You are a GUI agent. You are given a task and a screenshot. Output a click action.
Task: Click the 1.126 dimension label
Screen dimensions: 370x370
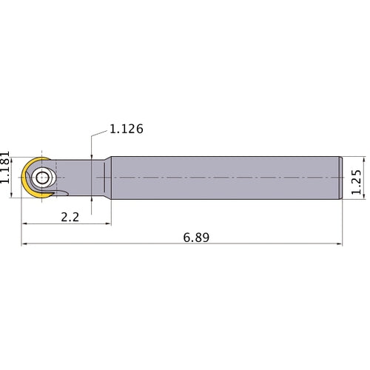pyautogui.click(x=126, y=129)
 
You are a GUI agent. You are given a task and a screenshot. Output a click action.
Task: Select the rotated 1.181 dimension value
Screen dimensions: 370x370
pyautogui.click(x=5, y=167)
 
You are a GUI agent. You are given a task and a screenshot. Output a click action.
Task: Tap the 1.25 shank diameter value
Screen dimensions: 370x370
pyautogui.click(x=356, y=182)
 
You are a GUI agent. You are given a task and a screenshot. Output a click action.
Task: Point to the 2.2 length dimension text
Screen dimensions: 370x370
pyautogui.click(x=70, y=218)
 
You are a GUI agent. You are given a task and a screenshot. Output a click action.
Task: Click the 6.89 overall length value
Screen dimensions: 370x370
pyautogui.click(x=196, y=238)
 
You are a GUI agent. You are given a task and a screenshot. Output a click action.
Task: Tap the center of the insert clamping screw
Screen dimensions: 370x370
pyautogui.click(x=42, y=178)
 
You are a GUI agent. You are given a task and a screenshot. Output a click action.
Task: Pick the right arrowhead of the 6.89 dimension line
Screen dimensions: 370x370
pyautogui.click(x=340, y=244)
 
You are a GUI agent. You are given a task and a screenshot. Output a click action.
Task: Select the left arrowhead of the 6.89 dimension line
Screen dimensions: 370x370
pyautogui.click(x=24, y=244)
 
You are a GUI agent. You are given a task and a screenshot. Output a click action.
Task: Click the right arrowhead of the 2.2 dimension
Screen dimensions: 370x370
pyautogui.click(x=108, y=223)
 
